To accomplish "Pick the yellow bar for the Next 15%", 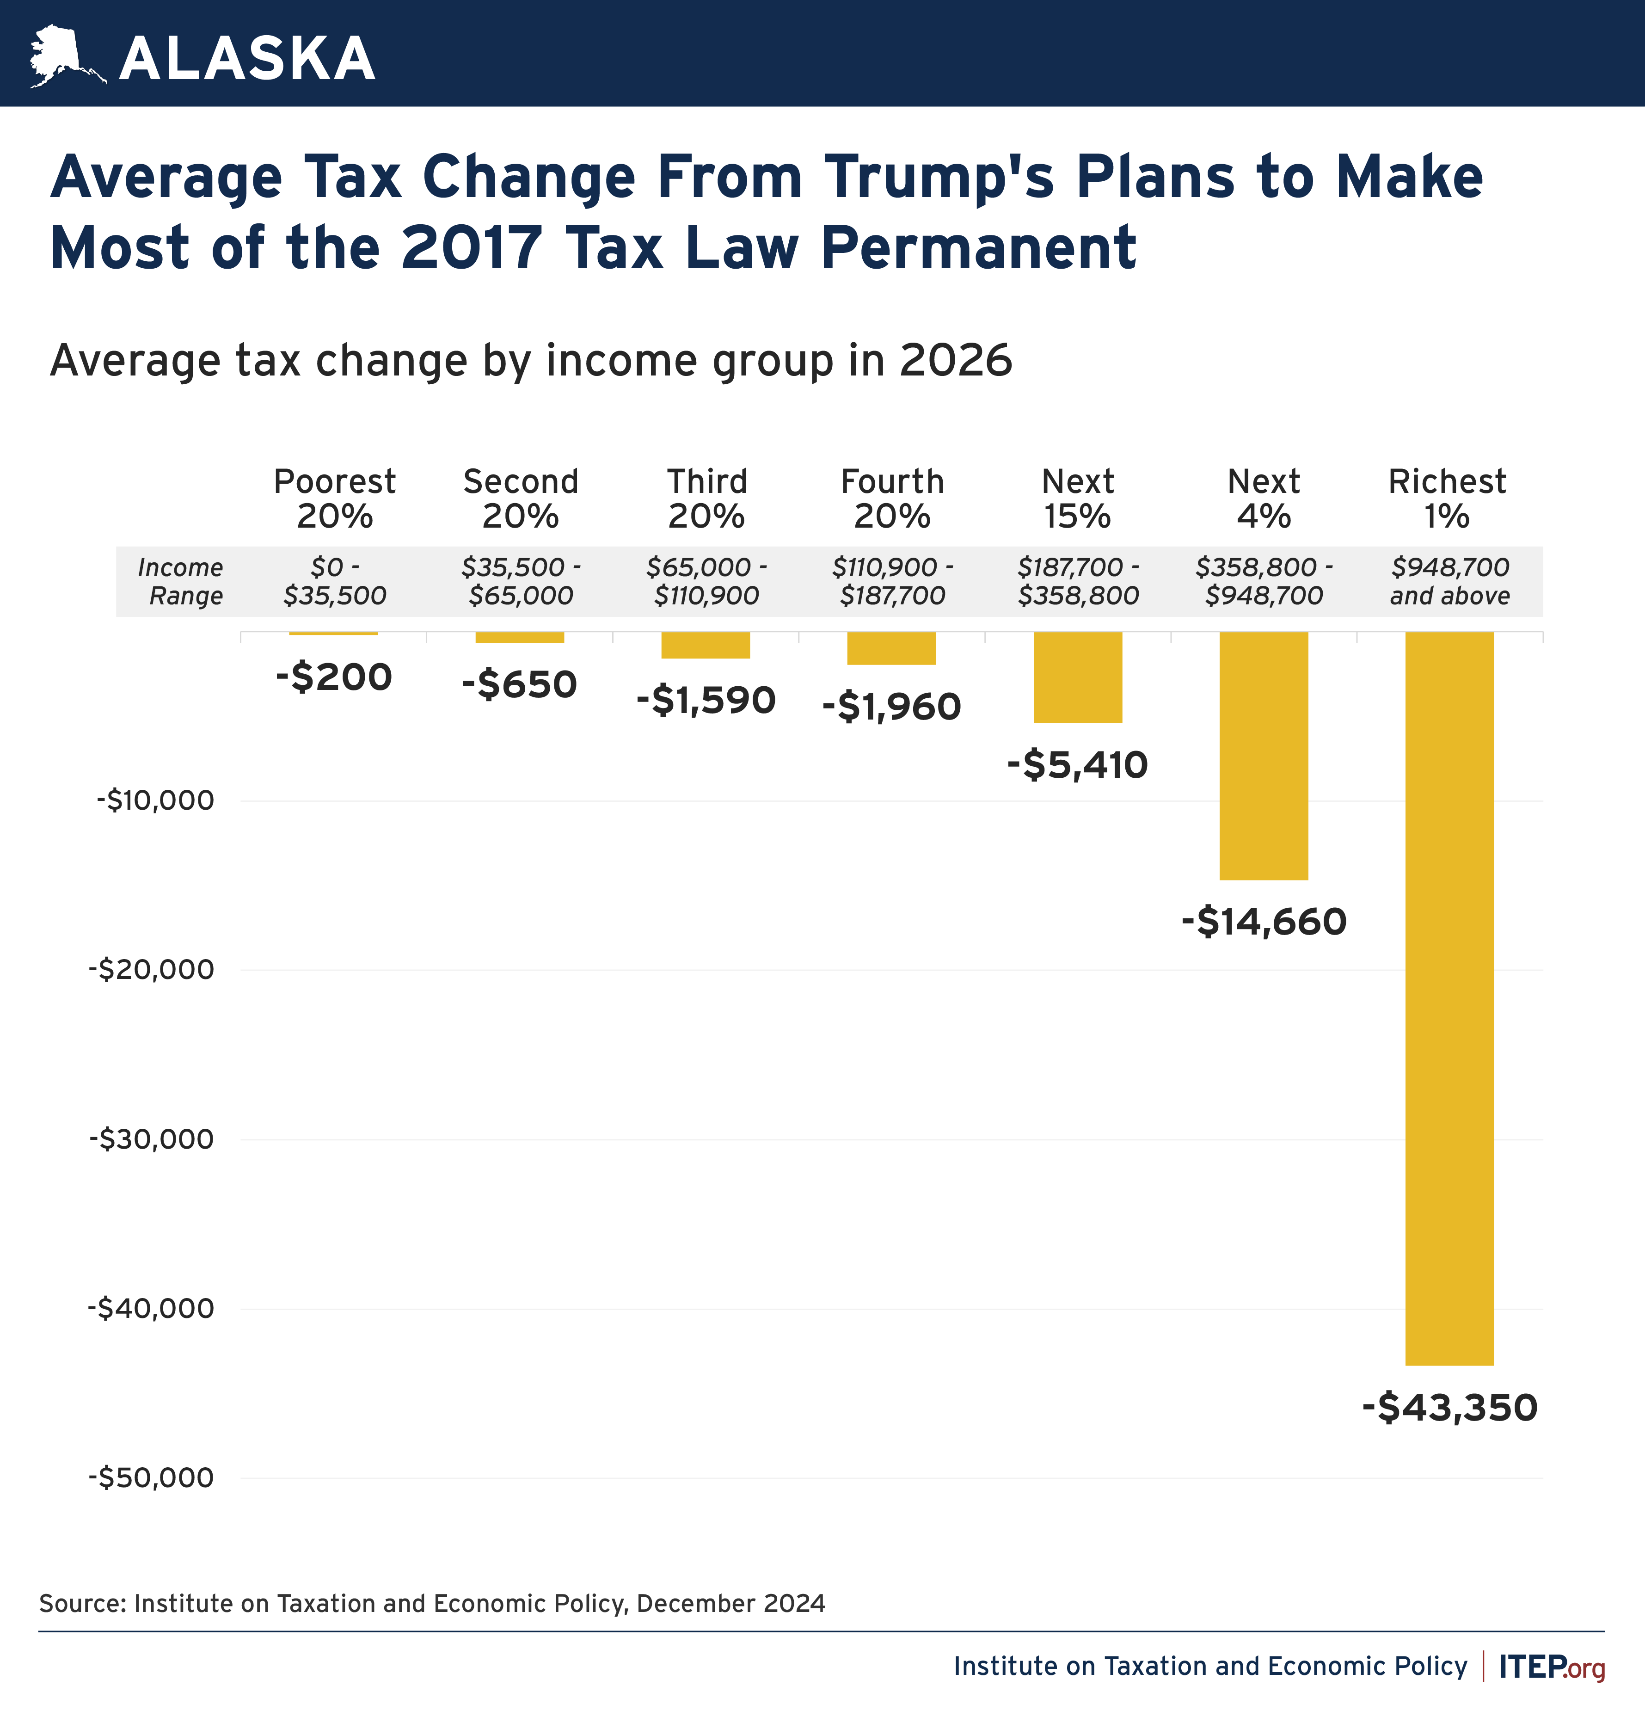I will point(1078,677).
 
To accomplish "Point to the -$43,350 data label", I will point(1449,1407).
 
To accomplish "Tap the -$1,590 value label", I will point(706,700).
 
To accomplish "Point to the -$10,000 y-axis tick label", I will point(155,800).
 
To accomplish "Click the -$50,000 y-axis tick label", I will point(151,1477).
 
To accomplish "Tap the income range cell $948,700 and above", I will point(1449,581).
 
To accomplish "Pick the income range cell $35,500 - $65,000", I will point(521,581).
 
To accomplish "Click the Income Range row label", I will point(182,581).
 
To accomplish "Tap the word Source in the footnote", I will point(83,1604).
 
